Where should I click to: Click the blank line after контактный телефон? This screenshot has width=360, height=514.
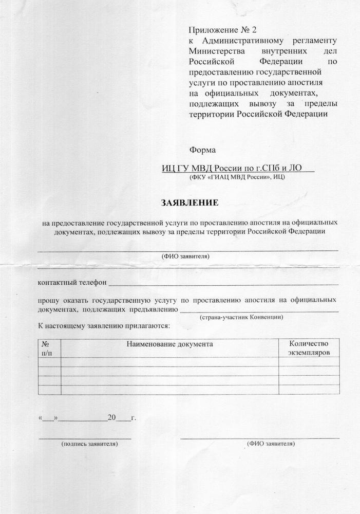point(223,283)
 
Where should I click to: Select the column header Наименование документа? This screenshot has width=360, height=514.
point(169,344)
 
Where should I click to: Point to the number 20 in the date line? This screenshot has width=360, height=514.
point(112,418)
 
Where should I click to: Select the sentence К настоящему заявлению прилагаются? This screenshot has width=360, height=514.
point(103,326)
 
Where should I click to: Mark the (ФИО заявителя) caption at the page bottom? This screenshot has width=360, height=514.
point(271,443)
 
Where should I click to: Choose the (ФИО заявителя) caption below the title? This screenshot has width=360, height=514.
point(185,255)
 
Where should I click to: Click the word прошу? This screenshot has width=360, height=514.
point(48,299)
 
